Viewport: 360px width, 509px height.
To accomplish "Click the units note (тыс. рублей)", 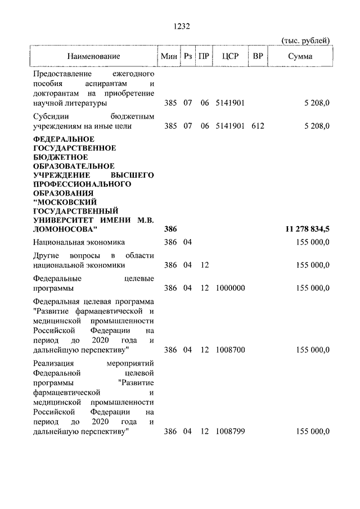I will (x=305, y=40).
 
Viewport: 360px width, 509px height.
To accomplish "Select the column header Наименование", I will (x=93, y=57).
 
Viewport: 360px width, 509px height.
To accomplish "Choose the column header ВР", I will (x=258, y=57).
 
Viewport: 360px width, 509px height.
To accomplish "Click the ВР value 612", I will (x=258, y=126).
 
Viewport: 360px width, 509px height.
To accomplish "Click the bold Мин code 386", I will (x=170, y=229).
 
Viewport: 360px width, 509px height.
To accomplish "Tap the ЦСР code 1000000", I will (x=229, y=288).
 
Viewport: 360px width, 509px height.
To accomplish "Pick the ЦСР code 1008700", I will (x=229, y=350).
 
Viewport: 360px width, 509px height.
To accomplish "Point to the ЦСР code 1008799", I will (x=229, y=431).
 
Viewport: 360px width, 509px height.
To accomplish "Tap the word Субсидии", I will (x=50, y=116).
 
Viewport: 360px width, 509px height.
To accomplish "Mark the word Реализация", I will (x=55, y=363).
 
